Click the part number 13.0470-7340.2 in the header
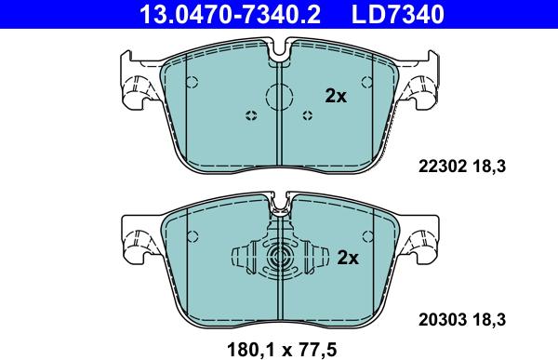pos(230,14)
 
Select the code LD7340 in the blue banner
pos(398,14)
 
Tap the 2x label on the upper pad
pos(336,96)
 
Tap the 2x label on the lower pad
pos(348,258)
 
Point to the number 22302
pos(442,166)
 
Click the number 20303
pos(442,320)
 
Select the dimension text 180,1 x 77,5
pos(282,350)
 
